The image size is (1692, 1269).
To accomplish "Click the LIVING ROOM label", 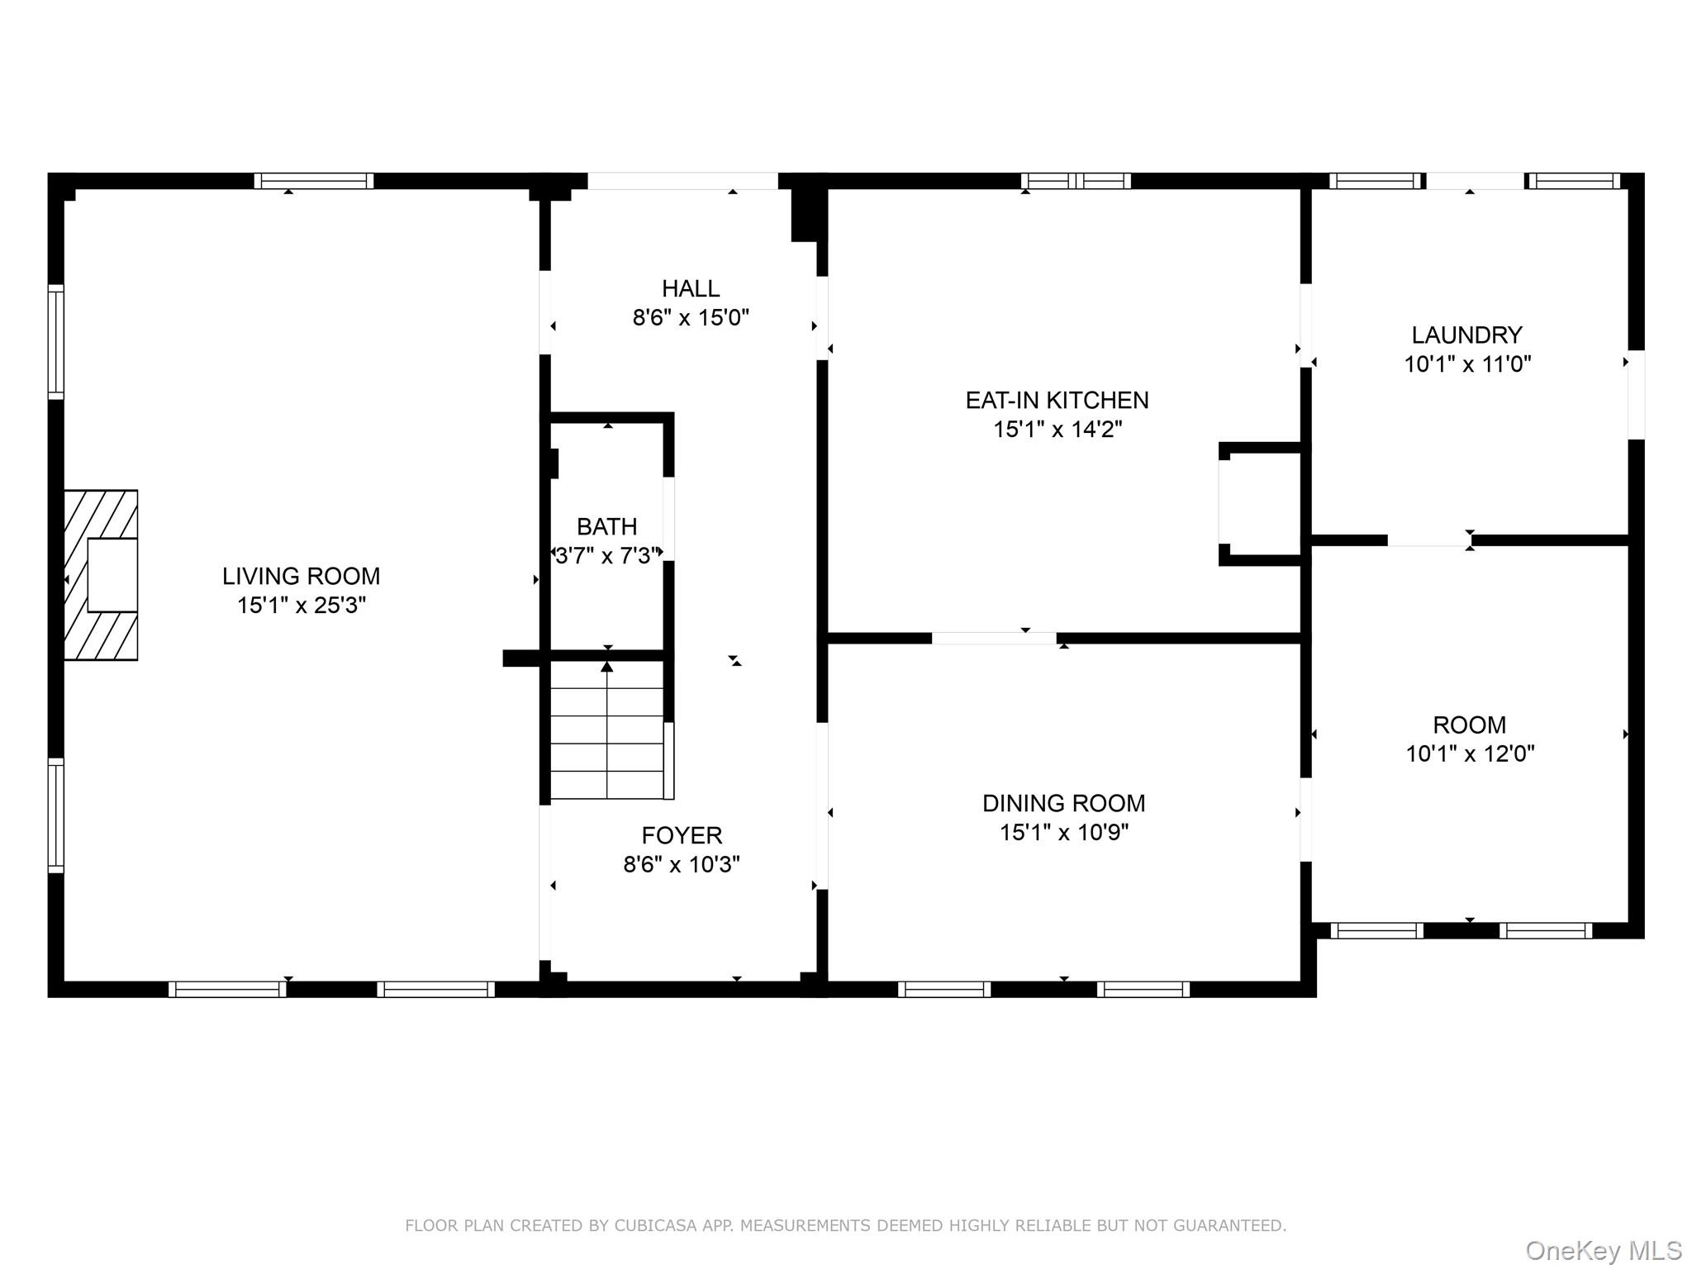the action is (301, 576).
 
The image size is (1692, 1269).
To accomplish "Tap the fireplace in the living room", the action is (101, 575).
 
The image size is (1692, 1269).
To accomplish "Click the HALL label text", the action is (691, 288).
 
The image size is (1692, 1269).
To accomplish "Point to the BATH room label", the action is (606, 526).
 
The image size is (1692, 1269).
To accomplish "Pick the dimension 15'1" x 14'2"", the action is (1057, 429).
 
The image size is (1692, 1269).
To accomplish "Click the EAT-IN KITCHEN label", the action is (1057, 400).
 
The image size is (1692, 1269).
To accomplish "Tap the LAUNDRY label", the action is (1466, 335).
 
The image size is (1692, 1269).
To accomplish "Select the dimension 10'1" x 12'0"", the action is (1470, 753).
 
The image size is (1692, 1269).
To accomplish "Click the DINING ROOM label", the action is (1063, 803).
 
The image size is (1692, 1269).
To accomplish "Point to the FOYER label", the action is (682, 835).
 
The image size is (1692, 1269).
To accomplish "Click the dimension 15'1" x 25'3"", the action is (301, 606).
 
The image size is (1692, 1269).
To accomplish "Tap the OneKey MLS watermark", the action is (1604, 1250).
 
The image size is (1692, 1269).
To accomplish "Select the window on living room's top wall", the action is (314, 181).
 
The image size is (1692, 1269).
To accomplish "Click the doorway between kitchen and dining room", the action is (994, 638).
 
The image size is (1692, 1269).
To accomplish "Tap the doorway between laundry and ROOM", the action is (1429, 540).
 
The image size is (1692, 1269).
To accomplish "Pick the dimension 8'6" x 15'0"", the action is (691, 318).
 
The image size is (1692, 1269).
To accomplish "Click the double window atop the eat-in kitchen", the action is (1076, 181).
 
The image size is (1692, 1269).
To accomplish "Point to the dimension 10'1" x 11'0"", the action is (1467, 364).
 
